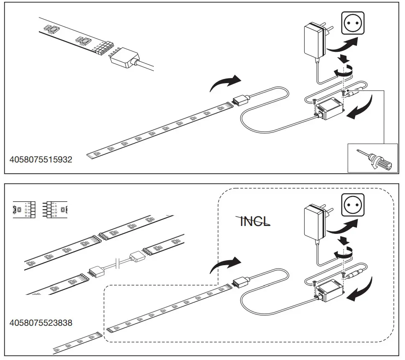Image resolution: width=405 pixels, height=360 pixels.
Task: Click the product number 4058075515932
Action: pyautogui.click(x=41, y=160)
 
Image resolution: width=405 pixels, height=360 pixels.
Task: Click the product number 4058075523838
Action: pyautogui.click(x=41, y=322)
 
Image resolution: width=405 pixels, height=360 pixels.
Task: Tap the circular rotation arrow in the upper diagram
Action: pyautogui.click(x=344, y=72)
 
